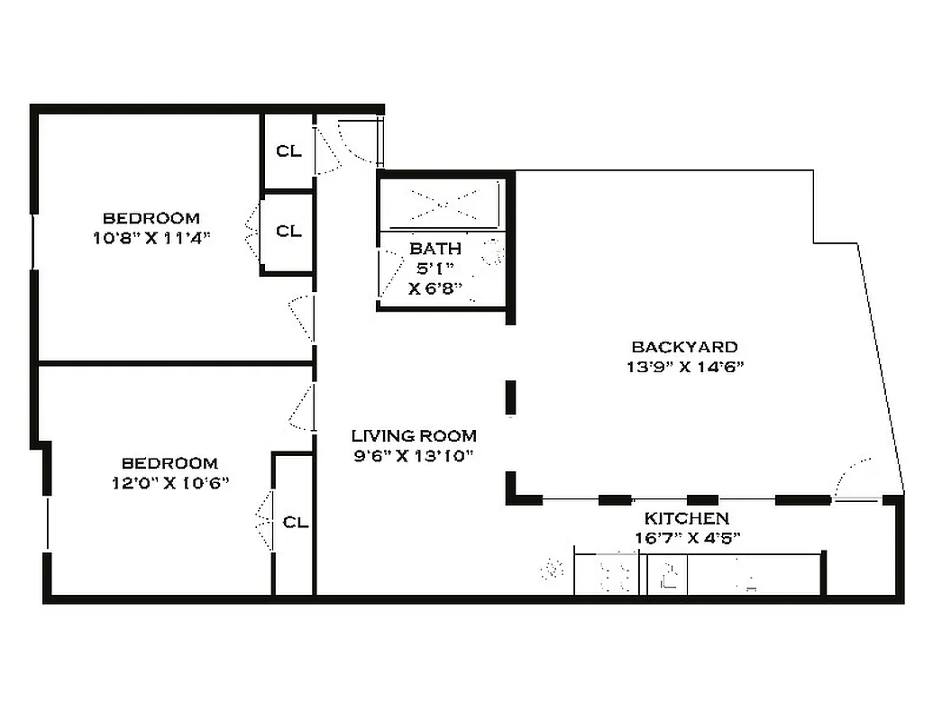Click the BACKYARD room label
684,347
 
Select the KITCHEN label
686,519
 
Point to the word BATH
435,249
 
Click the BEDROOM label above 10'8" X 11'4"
151,218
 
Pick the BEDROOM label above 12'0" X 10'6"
169,463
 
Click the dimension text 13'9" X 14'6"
684,367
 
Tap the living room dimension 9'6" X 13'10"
414,455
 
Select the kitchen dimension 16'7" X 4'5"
687,539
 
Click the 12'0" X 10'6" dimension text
169,482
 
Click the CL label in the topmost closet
288,151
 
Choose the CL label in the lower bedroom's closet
296,522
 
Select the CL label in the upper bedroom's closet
288,232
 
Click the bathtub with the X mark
442,205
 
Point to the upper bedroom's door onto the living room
302,316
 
